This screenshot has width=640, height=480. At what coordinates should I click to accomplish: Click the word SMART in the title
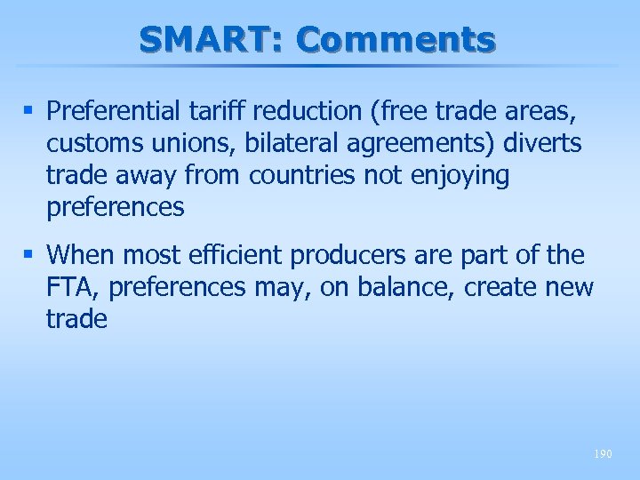point(209,40)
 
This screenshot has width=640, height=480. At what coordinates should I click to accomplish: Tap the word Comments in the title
point(396,40)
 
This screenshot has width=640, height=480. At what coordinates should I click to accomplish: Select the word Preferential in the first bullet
point(116,112)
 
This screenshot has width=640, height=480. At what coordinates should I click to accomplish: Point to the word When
point(82,256)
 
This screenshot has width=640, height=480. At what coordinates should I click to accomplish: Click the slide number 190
point(603,454)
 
